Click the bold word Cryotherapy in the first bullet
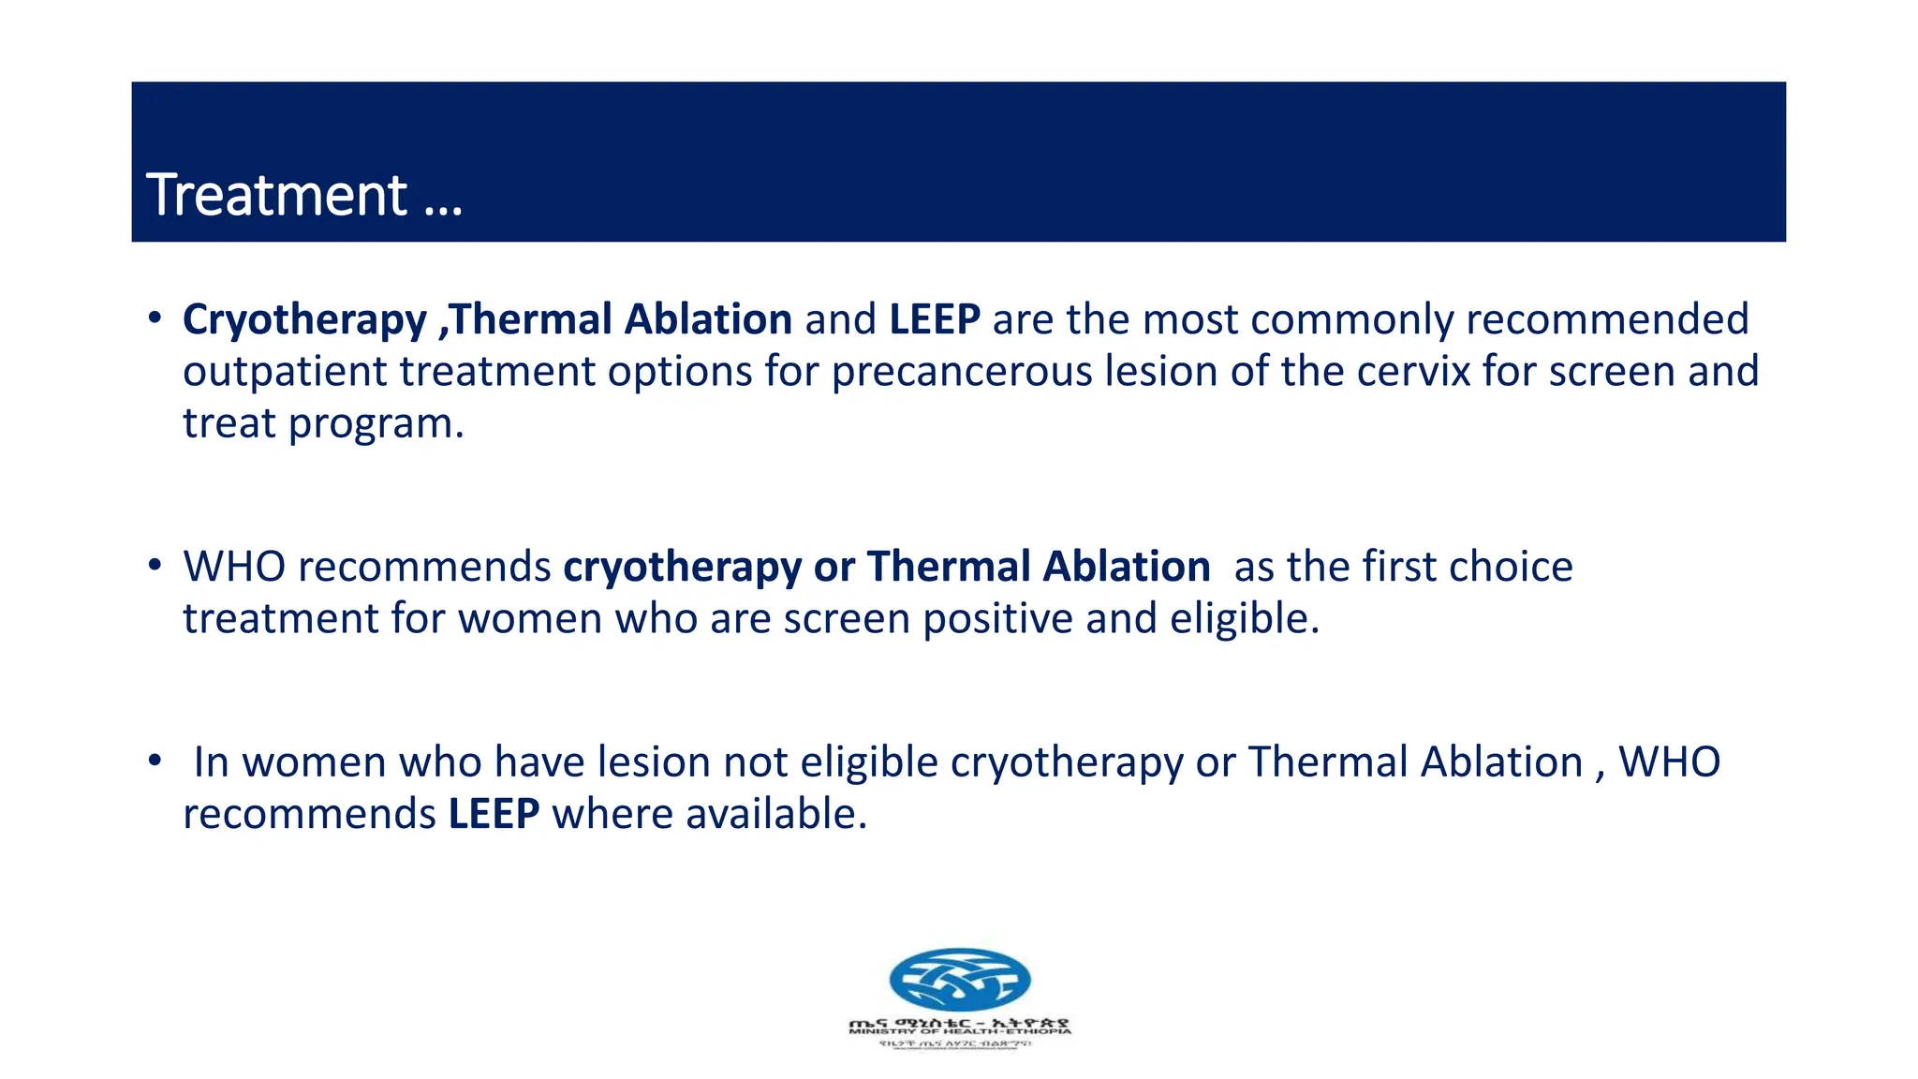point(304,320)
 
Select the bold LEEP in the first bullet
point(934,319)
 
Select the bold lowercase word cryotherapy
point(682,568)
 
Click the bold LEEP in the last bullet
point(494,814)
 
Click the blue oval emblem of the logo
point(959,980)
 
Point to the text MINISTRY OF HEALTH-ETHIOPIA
point(959,1031)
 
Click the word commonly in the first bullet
point(1351,319)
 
